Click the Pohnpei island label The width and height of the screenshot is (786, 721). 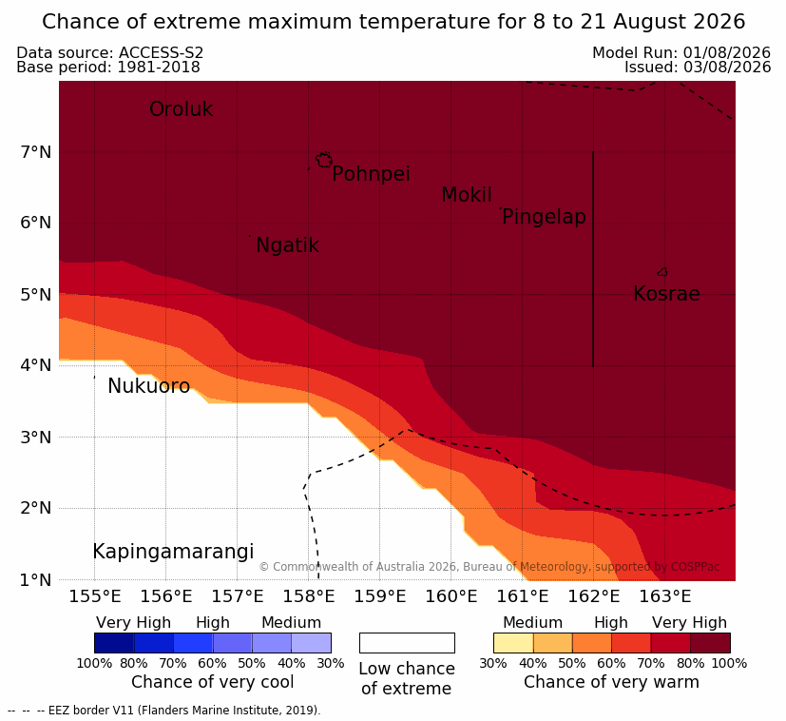371,174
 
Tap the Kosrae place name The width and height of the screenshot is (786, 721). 666,294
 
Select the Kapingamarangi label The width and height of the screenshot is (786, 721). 173,552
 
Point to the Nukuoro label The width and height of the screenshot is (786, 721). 149,386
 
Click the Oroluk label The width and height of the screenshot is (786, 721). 181,108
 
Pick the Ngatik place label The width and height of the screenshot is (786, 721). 287,245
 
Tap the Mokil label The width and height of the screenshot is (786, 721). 467,195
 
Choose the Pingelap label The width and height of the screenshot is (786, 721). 544,217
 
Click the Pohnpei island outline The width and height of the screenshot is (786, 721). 324,160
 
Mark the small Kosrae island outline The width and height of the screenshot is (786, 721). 662,272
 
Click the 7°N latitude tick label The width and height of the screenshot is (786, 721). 36,151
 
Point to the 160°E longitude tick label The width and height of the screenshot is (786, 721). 451,596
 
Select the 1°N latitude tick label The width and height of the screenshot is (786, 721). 36,580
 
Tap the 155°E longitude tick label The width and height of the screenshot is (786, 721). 95,596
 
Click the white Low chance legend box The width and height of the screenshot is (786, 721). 407,643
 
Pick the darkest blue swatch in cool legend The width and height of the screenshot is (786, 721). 114,643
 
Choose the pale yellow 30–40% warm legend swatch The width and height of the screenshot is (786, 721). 513,643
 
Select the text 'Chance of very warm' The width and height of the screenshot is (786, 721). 611,682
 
